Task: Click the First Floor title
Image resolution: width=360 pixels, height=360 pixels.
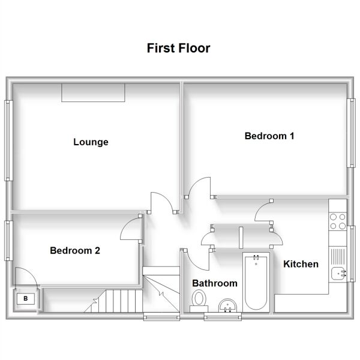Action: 178,48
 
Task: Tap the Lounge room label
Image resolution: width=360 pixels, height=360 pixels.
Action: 91,142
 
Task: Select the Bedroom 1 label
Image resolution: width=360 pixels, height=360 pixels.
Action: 269,136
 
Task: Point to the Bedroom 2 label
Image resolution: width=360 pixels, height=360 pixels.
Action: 75,250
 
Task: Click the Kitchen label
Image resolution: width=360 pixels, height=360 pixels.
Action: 301,264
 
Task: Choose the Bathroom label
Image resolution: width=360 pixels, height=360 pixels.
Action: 215,283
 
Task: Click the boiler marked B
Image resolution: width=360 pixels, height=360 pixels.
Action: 26,299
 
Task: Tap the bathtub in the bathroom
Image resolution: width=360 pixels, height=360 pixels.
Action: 256,283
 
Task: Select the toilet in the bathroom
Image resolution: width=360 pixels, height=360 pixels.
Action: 199,301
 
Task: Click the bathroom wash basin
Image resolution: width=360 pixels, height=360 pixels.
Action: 227,305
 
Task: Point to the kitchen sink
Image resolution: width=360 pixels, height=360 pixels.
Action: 338,274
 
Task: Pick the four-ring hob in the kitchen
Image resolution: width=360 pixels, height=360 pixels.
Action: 337,221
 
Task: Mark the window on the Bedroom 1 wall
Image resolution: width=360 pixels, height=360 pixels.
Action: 351,133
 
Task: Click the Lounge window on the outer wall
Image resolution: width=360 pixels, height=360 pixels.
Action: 8,140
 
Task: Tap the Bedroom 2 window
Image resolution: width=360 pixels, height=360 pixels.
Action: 8,241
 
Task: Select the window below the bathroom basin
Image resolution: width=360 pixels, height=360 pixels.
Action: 223,317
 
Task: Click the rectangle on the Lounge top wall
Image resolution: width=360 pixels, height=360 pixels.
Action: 93,93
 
